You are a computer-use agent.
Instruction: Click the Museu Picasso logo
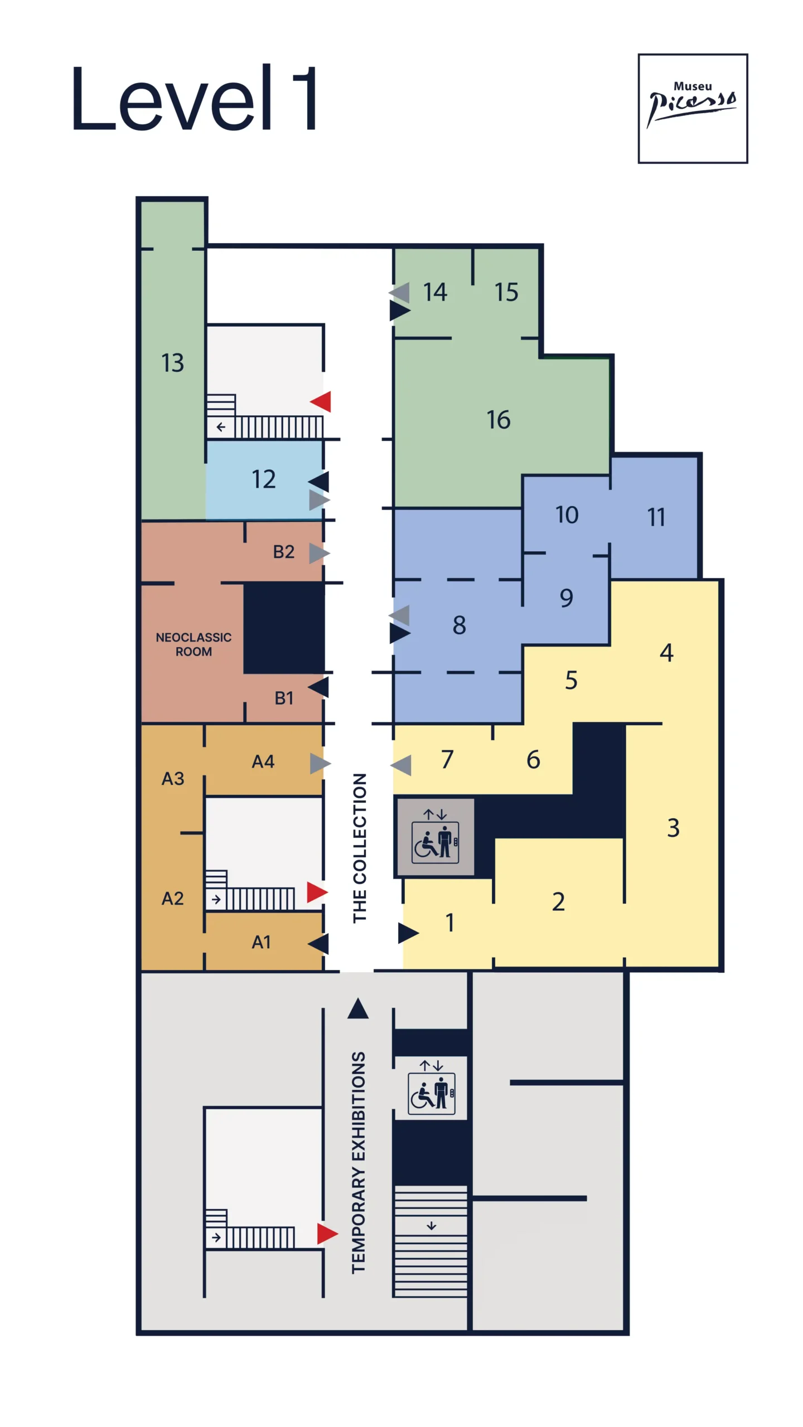pyautogui.click(x=692, y=108)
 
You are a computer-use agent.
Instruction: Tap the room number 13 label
pyautogui.click(x=172, y=363)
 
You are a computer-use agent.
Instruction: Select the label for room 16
pyautogui.click(x=498, y=420)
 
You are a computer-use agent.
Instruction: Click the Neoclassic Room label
pyautogui.click(x=194, y=644)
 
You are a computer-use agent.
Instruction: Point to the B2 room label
pyautogui.click(x=283, y=552)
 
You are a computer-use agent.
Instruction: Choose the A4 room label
pyautogui.click(x=263, y=761)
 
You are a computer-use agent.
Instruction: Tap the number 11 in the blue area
pyautogui.click(x=656, y=517)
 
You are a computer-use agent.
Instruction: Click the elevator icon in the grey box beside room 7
pyautogui.click(x=435, y=842)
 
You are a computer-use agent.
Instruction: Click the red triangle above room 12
pyautogui.click(x=322, y=401)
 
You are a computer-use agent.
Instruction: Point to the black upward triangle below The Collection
pyautogui.click(x=358, y=1008)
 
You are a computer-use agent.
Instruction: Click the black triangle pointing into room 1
pyautogui.click(x=407, y=933)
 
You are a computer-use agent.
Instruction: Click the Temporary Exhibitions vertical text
pyautogui.click(x=359, y=1163)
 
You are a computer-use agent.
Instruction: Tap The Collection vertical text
pyautogui.click(x=360, y=848)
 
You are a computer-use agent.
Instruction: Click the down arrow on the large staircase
pyautogui.click(x=431, y=1226)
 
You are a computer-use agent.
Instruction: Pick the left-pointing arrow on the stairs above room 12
pyautogui.click(x=221, y=427)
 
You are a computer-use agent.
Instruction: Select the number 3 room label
pyautogui.click(x=673, y=828)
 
